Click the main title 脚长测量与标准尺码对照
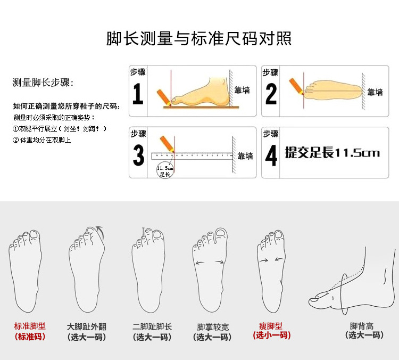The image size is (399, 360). (x=199, y=38)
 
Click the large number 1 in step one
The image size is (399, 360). (x=138, y=94)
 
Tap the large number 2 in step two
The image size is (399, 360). (x=271, y=94)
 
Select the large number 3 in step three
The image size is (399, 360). (x=138, y=155)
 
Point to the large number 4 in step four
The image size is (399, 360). (x=271, y=155)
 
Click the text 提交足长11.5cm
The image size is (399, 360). (x=332, y=153)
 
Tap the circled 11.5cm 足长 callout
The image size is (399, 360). (x=165, y=170)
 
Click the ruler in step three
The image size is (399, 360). (x=192, y=156)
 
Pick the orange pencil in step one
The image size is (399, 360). (x=164, y=97)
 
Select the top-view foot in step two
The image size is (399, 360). (x=333, y=91)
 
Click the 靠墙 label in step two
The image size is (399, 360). (x=375, y=92)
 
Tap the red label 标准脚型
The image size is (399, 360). (x=30, y=326)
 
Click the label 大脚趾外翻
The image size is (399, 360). (x=87, y=326)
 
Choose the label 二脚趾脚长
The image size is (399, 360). (x=152, y=326)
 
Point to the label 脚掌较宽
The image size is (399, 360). (x=213, y=326)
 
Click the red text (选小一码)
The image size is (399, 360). (x=271, y=336)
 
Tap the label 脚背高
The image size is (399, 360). (x=361, y=326)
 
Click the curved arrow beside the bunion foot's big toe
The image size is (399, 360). (x=100, y=232)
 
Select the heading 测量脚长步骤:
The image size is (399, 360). (x=43, y=83)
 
